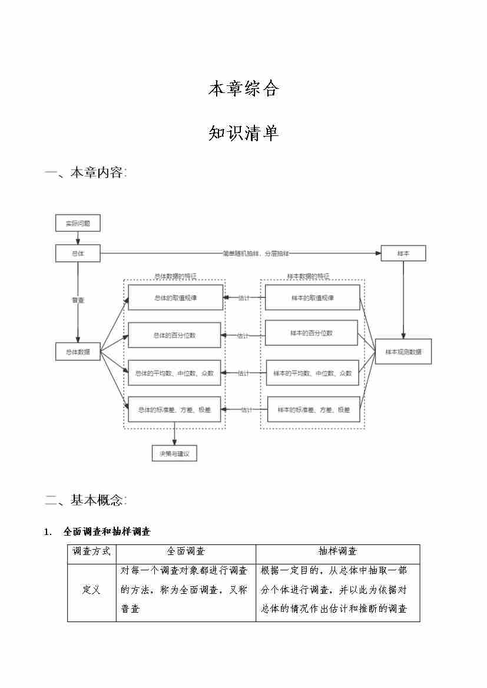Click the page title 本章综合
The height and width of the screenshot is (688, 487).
tap(243, 89)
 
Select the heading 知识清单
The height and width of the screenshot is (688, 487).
tap(243, 133)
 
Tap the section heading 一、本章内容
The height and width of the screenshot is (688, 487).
tap(86, 173)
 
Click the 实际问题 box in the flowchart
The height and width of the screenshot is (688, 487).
tap(78, 224)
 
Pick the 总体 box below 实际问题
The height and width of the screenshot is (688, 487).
tap(78, 254)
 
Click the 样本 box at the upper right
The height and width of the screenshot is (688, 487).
tap(403, 254)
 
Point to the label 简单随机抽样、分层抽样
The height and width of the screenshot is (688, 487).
tap(256, 254)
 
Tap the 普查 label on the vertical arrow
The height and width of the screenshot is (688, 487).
tap(78, 300)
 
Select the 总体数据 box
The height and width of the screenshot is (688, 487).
tap(78, 352)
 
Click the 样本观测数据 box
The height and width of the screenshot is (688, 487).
tap(403, 352)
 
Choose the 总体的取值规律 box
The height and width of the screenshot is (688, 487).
tap(175, 298)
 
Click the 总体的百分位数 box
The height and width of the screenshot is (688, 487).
tap(175, 335)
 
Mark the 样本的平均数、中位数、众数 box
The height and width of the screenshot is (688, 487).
tap(313, 373)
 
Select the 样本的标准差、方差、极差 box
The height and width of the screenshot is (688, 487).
tap(314, 410)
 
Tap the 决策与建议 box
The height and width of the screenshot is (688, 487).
tap(174, 454)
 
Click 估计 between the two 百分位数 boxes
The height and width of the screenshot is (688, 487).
tap(243, 336)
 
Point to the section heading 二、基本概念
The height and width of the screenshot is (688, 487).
tap(86, 500)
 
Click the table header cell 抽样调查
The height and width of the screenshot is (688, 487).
tap(337, 551)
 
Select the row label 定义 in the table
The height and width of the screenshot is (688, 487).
tap(92, 590)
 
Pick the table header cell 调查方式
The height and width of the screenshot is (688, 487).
tap(92, 551)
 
